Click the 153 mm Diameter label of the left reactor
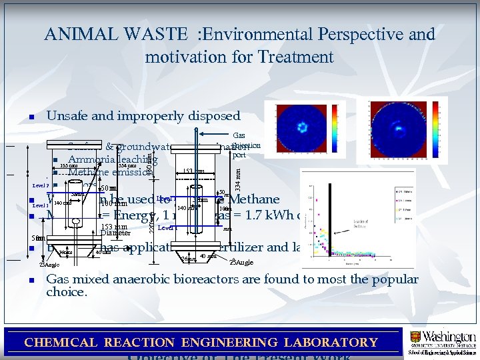(114, 229)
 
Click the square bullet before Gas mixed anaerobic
(31, 281)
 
